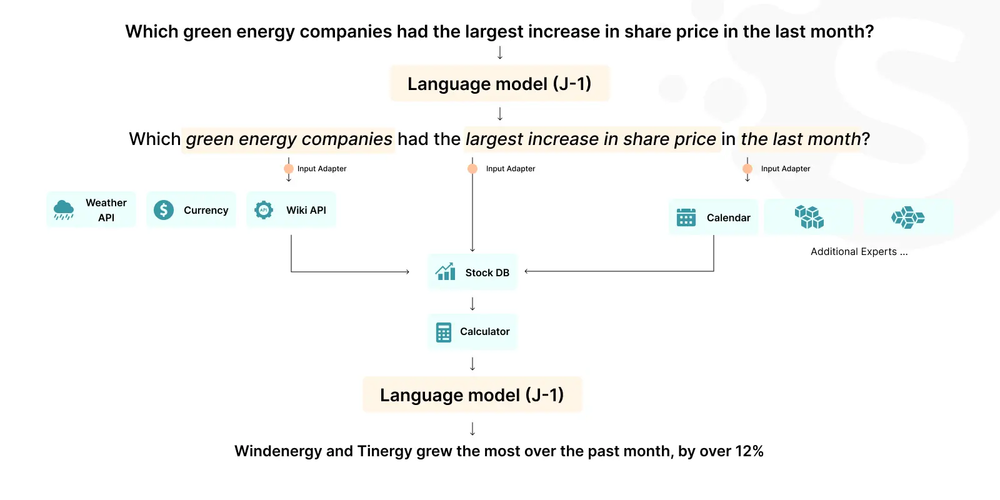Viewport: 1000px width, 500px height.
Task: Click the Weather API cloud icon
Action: [x=63, y=210]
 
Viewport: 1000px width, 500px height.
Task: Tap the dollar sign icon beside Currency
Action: [x=163, y=210]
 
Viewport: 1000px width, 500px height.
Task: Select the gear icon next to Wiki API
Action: [x=263, y=210]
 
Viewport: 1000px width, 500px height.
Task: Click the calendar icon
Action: [x=686, y=217]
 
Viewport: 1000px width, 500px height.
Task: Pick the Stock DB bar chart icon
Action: [x=445, y=272]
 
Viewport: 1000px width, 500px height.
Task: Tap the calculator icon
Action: [x=443, y=332]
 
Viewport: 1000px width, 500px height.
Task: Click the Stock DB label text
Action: [x=487, y=272]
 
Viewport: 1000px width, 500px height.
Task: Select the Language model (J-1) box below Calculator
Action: [x=472, y=394]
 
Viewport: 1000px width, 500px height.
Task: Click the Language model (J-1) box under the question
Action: [x=499, y=84]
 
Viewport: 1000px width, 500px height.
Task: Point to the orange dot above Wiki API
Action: [x=288, y=169]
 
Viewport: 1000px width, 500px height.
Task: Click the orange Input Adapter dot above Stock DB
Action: [x=472, y=169]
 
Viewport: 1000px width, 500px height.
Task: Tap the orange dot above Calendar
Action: [x=747, y=169]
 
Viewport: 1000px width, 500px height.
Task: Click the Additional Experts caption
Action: [x=859, y=252]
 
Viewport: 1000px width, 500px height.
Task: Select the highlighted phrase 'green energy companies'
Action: [x=289, y=139]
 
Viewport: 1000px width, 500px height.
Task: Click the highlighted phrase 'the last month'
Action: [x=800, y=139]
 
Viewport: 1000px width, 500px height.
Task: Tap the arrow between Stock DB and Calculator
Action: [x=472, y=304]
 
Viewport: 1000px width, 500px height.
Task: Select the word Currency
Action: [x=206, y=210]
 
